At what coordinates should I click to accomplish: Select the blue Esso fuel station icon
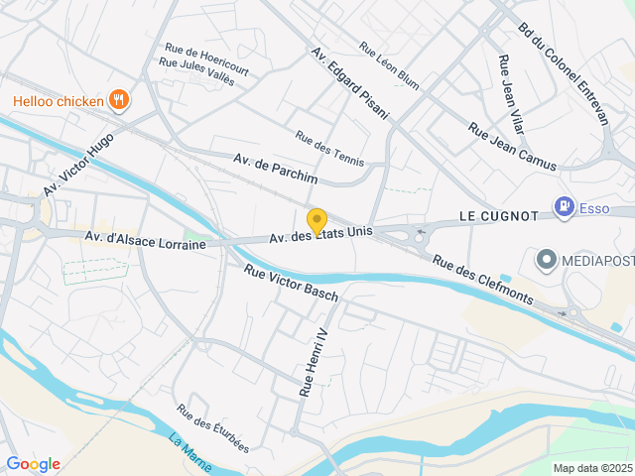coord(564,205)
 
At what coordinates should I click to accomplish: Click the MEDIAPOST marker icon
coord(546,261)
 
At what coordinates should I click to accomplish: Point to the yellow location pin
coord(317,222)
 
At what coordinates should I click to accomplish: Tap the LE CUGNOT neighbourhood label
coord(498,215)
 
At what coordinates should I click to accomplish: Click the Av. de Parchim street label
coord(276,168)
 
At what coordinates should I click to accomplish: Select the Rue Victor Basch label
coord(292,283)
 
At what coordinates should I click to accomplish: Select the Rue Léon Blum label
coord(389,64)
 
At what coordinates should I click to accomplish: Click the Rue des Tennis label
coord(329,149)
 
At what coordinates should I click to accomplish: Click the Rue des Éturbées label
coord(213,426)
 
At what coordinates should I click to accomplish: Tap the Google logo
coord(33,464)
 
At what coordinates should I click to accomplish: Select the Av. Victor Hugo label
coord(79,165)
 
